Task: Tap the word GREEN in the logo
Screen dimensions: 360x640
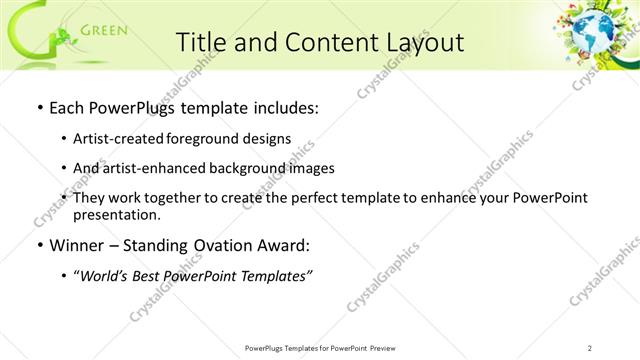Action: tap(103, 30)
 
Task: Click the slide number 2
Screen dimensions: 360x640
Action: tap(590, 347)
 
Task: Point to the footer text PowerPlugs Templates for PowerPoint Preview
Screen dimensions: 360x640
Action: tap(319, 347)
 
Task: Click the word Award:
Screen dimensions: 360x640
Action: tap(286, 245)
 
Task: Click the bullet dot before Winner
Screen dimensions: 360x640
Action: tap(38, 245)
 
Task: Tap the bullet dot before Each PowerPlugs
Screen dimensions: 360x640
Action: tap(38, 107)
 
